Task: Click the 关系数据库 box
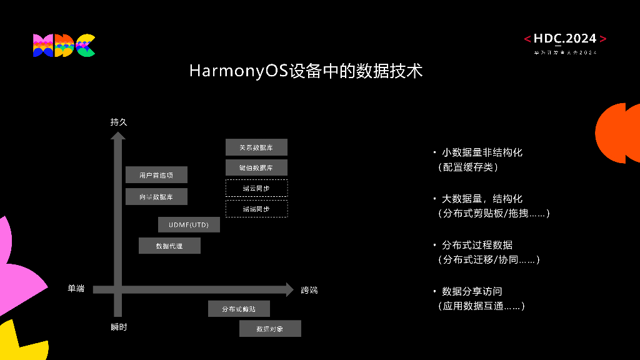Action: click(x=256, y=147)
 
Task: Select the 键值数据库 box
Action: click(x=256, y=167)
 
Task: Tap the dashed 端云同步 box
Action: click(x=256, y=188)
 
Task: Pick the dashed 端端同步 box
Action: click(x=256, y=209)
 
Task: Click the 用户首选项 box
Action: click(x=156, y=175)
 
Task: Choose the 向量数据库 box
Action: click(x=156, y=197)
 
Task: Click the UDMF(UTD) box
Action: click(x=189, y=224)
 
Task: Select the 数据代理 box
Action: click(x=169, y=246)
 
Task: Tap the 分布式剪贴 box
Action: click(x=239, y=309)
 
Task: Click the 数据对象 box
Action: click(x=270, y=329)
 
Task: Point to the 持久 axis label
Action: click(x=119, y=122)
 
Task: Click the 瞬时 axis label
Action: click(x=119, y=327)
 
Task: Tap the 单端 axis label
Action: click(x=76, y=289)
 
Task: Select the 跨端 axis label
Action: click(x=309, y=290)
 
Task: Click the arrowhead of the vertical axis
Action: click(x=118, y=135)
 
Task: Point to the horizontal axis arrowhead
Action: click(x=289, y=289)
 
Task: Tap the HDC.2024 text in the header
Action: click(x=565, y=39)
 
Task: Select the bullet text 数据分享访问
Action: click(x=472, y=291)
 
